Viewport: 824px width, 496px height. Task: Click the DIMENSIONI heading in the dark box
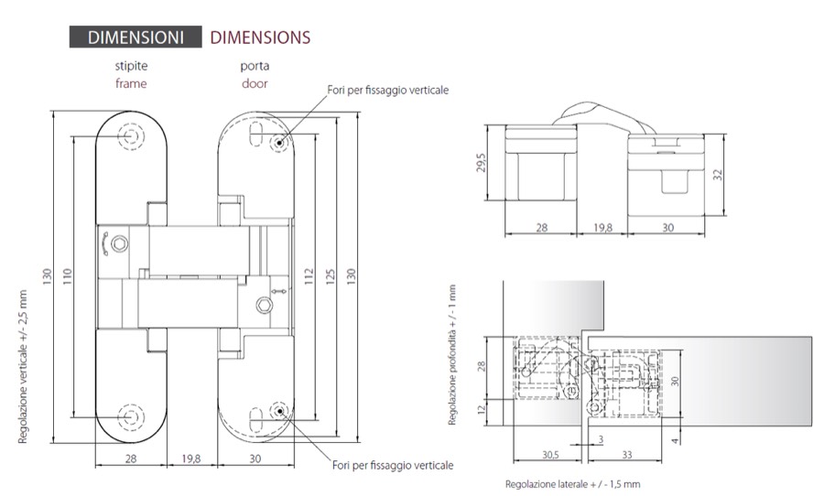[136, 38]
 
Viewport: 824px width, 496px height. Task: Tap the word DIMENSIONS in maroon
[260, 38]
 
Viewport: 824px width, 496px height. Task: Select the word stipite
[131, 66]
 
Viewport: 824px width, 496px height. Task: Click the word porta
[255, 66]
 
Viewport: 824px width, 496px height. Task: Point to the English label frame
[131, 83]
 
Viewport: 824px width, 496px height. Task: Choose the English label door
[255, 83]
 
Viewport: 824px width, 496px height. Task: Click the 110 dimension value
[67, 276]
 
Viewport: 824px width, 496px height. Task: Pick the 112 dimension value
[309, 276]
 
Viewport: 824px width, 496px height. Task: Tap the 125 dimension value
[330, 276]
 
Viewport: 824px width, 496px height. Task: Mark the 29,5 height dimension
[481, 162]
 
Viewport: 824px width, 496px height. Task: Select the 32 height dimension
[718, 175]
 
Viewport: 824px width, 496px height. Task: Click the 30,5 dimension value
[550, 455]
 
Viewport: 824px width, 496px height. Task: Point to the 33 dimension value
[627, 455]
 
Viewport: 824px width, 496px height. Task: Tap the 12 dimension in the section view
[482, 409]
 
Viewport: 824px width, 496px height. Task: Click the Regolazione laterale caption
[573, 484]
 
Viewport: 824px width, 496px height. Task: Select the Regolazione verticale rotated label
[23, 367]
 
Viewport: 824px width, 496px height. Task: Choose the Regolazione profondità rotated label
[452, 355]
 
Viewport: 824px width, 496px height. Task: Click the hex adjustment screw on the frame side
[120, 243]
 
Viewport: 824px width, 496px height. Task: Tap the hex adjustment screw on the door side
[264, 305]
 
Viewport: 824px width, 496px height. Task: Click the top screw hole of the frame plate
[131, 136]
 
